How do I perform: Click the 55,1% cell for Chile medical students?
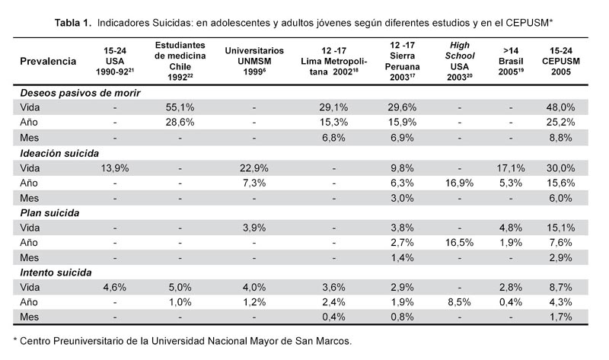coord(180,107)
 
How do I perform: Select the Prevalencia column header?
coord(48,62)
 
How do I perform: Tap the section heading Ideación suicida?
coord(59,154)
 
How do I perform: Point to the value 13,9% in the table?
coord(115,168)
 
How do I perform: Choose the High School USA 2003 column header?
coord(460,62)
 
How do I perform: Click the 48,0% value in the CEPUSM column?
coord(560,107)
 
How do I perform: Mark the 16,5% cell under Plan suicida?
coord(460,243)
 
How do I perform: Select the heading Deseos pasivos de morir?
coord(80,93)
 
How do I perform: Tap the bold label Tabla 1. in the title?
coord(73,23)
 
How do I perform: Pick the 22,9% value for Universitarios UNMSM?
coord(254,168)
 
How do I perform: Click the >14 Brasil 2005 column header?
coord(511,62)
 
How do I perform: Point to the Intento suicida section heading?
coord(56,272)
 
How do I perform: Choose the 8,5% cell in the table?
coord(460,302)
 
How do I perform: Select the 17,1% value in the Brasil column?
coord(511,168)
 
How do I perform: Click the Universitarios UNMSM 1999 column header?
coord(254,62)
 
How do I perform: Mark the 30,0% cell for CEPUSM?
coord(560,168)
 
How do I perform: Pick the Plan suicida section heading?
coord(49,213)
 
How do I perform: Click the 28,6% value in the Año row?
coord(180,123)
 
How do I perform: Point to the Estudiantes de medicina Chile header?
coord(180,62)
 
